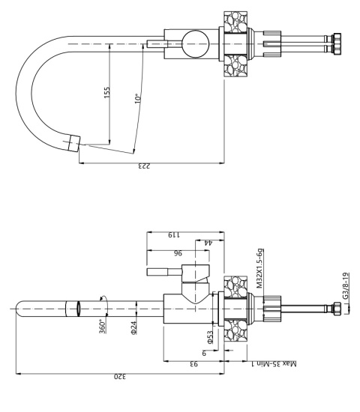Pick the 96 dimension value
point(178,252)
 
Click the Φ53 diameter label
point(211,337)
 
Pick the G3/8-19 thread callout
point(346,285)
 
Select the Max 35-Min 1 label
point(273,364)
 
